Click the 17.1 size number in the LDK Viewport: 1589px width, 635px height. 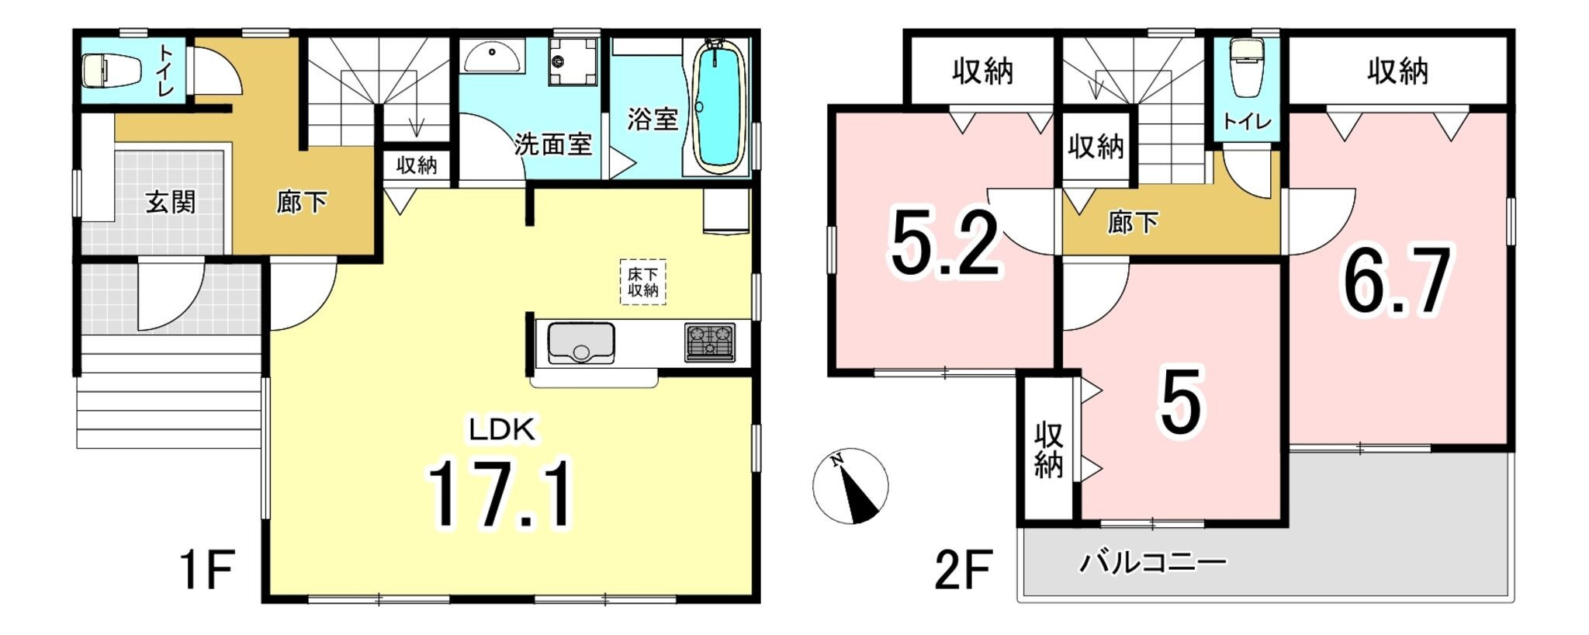pyautogui.click(x=500, y=494)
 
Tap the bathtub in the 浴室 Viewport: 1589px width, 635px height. pyautogui.click(x=718, y=106)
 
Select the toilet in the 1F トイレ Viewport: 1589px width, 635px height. pyautogui.click(x=112, y=70)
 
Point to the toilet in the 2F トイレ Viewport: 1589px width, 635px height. pyautogui.click(x=1247, y=68)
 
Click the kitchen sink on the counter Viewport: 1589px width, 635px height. pyautogui.click(x=580, y=343)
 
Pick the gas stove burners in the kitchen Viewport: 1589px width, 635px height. pyautogui.click(x=710, y=342)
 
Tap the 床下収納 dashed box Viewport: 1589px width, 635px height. pyautogui.click(x=642, y=282)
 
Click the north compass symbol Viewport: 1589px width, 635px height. pyautogui.click(x=850, y=486)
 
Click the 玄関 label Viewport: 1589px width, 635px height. pyautogui.click(x=171, y=203)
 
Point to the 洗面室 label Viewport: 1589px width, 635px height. pyautogui.click(x=552, y=144)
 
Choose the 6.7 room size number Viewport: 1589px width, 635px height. pyautogui.click(x=1397, y=281)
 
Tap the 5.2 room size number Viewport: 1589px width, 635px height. pyautogui.click(x=945, y=245)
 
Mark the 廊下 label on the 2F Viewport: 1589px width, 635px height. pyautogui.click(x=1133, y=223)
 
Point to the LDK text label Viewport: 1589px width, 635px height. pyautogui.click(x=501, y=429)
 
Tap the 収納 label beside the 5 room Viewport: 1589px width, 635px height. pyautogui.click(x=1047, y=450)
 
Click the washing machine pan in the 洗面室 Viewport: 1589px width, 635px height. pyautogui.click(x=573, y=61)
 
